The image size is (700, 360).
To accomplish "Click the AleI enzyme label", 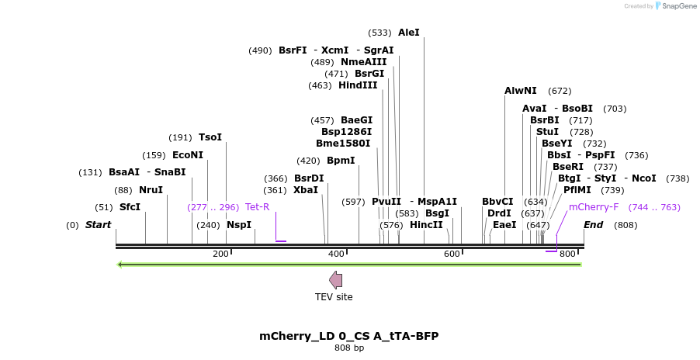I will (x=408, y=33).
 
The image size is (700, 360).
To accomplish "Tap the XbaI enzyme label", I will (x=306, y=189).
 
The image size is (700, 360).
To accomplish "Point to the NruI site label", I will (x=151, y=189).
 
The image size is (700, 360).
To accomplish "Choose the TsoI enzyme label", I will (x=210, y=137).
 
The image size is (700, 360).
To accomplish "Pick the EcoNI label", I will (x=188, y=154).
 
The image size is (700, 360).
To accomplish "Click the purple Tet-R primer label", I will (x=257, y=207).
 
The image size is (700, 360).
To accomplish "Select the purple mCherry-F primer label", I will (x=594, y=207).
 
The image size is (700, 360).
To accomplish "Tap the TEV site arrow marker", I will (x=335, y=280).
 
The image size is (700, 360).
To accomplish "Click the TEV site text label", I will (x=334, y=297).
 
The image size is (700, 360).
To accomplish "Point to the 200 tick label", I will (x=220, y=254).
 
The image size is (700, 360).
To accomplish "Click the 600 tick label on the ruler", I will (x=452, y=254).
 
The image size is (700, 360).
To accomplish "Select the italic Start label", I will (x=99, y=225).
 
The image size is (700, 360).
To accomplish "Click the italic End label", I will (x=594, y=225).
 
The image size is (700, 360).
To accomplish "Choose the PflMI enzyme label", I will (x=577, y=189).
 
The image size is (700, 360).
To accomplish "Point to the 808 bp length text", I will (x=349, y=348).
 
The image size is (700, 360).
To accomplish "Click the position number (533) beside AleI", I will (x=380, y=33).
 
